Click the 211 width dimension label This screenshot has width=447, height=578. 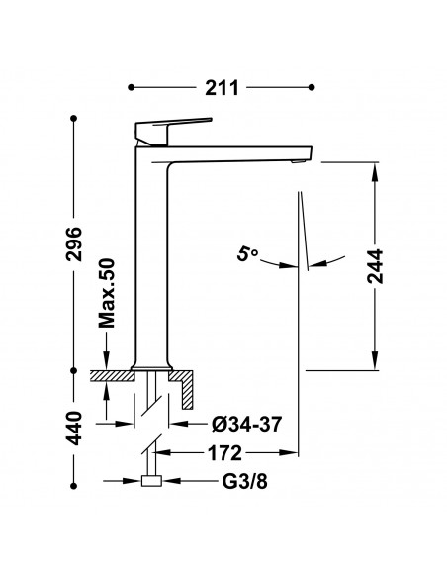pyautogui.click(x=222, y=88)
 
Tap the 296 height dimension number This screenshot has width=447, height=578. pyautogui.click(x=74, y=243)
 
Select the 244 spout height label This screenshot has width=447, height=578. pyautogui.click(x=375, y=266)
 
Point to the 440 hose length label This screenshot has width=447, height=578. pyautogui.click(x=74, y=428)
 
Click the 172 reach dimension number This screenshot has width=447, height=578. pyautogui.click(x=224, y=452)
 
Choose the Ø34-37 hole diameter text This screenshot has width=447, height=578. pyautogui.click(x=246, y=424)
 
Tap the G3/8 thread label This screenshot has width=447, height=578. pyautogui.click(x=244, y=481)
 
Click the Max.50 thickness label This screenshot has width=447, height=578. pyautogui.click(x=107, y=293)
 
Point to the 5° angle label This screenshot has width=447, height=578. pyautogui.click(x=247, y=254)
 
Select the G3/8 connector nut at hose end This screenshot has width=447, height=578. pyautogui.click(x=151, y=481)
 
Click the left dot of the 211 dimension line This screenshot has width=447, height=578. pyautogui.click(x=132, y=87)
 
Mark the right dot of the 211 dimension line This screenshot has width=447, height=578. pyautogui.click(x=312, y=87)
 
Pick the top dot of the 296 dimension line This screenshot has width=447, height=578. pyautogui.click(x=74, y=119)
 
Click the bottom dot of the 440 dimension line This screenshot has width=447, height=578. pyautogui.click(x=74, y=486)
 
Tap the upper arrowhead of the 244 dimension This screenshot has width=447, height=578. pyautogui.click(x=375, y=172)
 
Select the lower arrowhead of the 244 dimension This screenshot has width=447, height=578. pyautogui.click(x=375, y=360)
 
